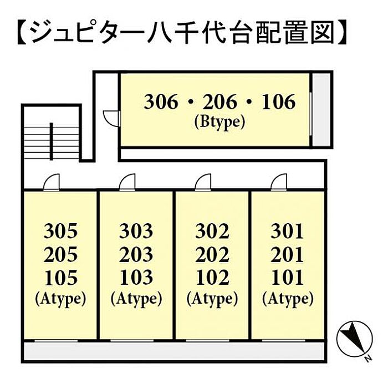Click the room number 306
coord(161,102)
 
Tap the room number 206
coord(219,102)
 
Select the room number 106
coord(278,102)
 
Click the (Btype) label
coord(219,121)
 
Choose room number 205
coord(60,254)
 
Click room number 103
coord(136,277)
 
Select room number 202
coord(212,254)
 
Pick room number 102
coord(212,277)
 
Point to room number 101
coord(287,277)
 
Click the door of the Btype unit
coord(112,118)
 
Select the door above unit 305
coord(52,183)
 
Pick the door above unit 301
coord(278,183)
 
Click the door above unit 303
coord(127,183)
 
